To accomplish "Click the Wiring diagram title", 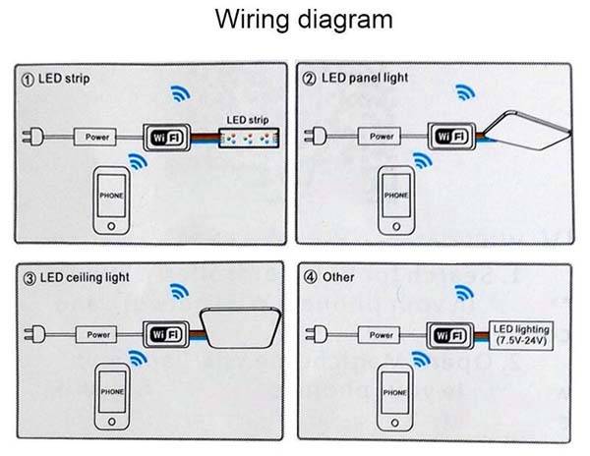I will coord(294,21).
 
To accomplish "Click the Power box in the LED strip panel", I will coord(96,137).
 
